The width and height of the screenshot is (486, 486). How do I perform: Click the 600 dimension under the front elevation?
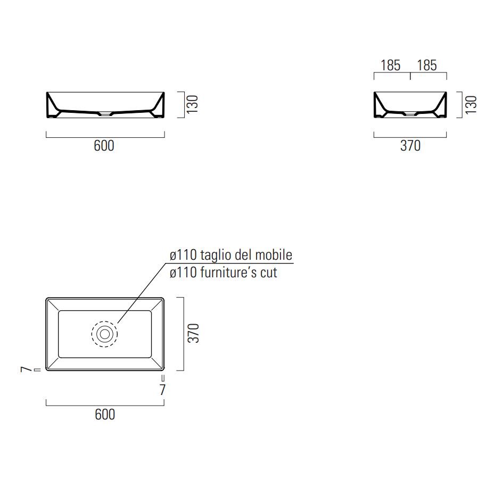pyautogui.click(x=104, y=146)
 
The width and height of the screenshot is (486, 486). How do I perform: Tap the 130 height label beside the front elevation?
pyautogui.click(x=192, y=104)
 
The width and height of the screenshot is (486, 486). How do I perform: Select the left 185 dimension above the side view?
pyautogui.click(x=390, y=65)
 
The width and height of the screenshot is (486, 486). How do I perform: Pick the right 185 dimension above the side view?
pyautogui.click(x=427, y=65)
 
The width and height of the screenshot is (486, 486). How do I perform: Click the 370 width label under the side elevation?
pyautogui.click(x=410, y=146)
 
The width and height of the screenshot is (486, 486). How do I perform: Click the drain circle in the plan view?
pyautogui.click(x=104, y=334)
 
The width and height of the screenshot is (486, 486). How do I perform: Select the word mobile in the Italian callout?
pyautogui.click(x=274, y=255)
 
